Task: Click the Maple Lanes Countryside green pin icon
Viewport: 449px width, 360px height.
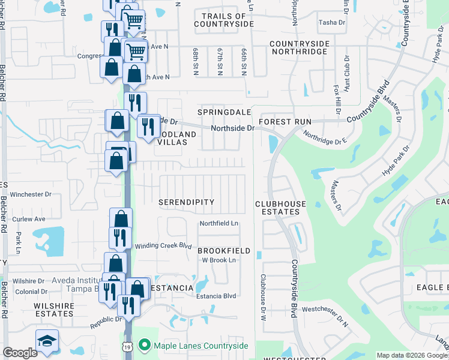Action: tap(144, 345)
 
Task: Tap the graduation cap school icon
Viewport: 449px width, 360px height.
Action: tap(47, 341)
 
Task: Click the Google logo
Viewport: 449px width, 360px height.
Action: tap(20, 353)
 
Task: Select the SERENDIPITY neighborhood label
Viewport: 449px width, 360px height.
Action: tap(186, 202)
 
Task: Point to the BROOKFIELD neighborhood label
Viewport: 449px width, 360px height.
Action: tap(224, 250)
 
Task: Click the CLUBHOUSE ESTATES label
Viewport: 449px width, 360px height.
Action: tap(281, 208)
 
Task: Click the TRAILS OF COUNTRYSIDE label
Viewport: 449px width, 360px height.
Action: tap(224, 20)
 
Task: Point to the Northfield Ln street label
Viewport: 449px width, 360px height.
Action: tap(219, 223)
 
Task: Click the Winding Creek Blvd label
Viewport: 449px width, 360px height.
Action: tap(163, 245)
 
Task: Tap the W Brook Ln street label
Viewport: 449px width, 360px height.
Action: tap(218, 260)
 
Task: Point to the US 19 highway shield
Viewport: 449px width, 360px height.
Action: tap(127, 347)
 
